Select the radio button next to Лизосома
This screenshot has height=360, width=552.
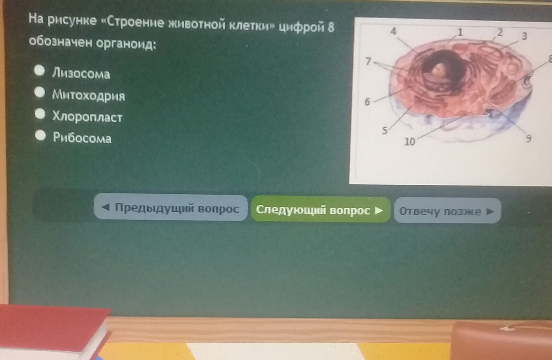coord(39,70)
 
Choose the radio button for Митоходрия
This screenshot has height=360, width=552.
coord(40,93)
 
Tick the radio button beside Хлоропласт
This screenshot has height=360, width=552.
coord(40,114)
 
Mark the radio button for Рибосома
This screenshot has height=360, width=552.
coord(41,135)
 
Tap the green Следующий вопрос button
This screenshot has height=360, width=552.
coord(321,210)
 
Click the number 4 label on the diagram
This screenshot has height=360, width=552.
coord(393,32)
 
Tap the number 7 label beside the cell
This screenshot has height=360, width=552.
coord(368,61)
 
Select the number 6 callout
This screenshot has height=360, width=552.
coord(367,102)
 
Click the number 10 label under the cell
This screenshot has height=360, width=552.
coord(410,142)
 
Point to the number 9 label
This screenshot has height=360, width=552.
coord(528,138)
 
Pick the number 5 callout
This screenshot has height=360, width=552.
coord(385,131)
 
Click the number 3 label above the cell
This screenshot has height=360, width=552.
coord(524,36)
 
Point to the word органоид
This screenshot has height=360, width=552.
coord(126,44)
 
